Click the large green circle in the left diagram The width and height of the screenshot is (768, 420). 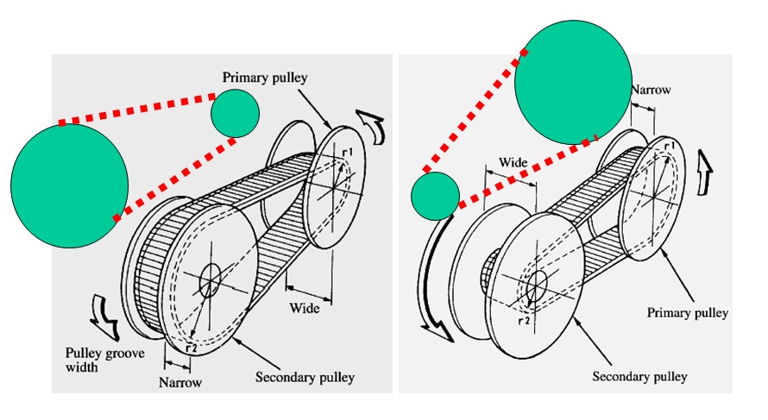point(69,185)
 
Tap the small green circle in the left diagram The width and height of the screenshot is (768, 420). point(235,113)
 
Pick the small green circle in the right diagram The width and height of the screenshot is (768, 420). point(434,196)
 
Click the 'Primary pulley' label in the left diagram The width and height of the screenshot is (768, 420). point(265,78)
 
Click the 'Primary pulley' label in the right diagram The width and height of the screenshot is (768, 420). point(688,312)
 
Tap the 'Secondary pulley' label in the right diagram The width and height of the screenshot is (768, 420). point(639,377)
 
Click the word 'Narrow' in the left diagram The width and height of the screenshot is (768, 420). point(182,382)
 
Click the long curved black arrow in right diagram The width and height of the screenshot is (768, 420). point(431,285)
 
